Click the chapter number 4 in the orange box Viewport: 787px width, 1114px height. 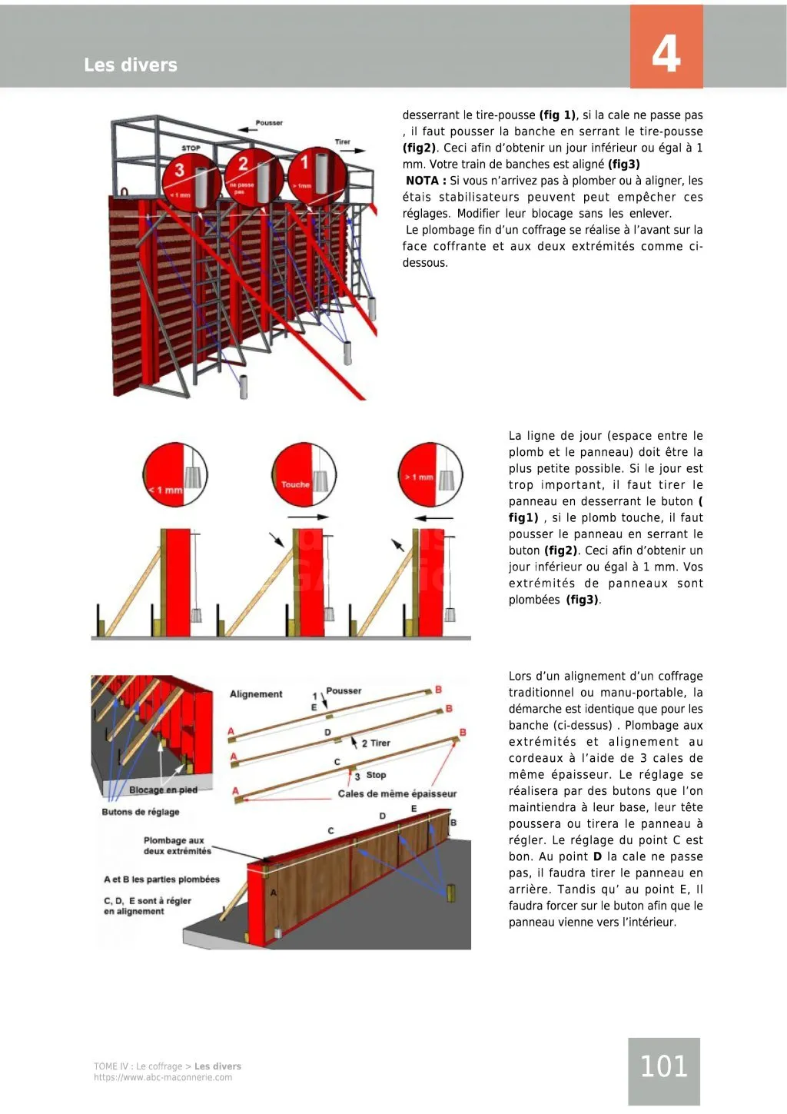[666, 54]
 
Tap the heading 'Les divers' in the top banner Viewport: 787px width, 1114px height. [131, 65]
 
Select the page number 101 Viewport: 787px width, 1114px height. [663, 1066]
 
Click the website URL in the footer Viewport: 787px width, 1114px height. [163, 1078]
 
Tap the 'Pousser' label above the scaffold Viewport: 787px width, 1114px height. [269, 123]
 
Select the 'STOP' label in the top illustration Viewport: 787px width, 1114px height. [191, 148]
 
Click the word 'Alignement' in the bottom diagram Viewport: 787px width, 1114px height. [256, 694]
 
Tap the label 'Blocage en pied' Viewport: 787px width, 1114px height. [163, 790]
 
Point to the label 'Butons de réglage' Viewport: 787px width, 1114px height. [141, 812]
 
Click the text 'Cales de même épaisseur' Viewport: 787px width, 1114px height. [397, 793]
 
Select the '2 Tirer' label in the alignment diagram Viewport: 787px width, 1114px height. [375, 743]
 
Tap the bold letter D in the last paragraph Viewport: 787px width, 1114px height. [597, 856]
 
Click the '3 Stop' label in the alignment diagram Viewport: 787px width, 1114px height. [370, 775]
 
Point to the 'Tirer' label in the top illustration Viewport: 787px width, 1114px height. [342, 142]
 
